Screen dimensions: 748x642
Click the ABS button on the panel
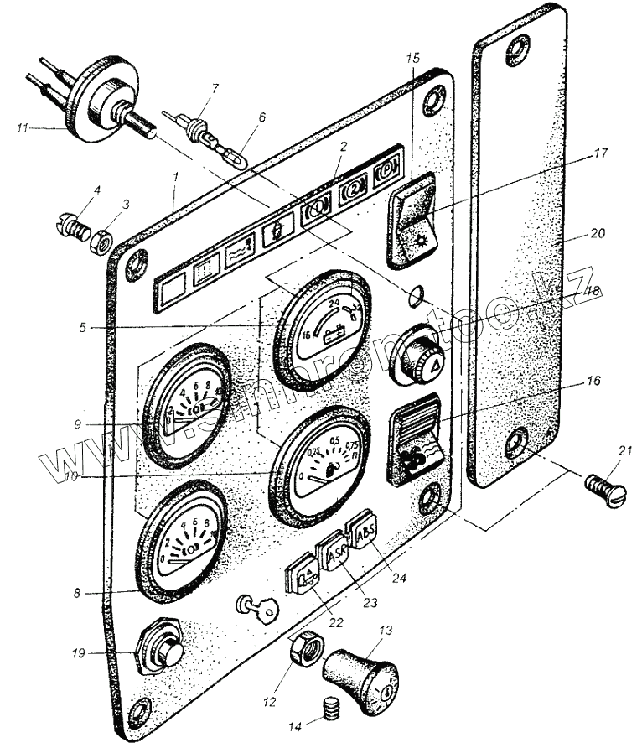365,532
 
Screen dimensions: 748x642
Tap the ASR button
334,552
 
